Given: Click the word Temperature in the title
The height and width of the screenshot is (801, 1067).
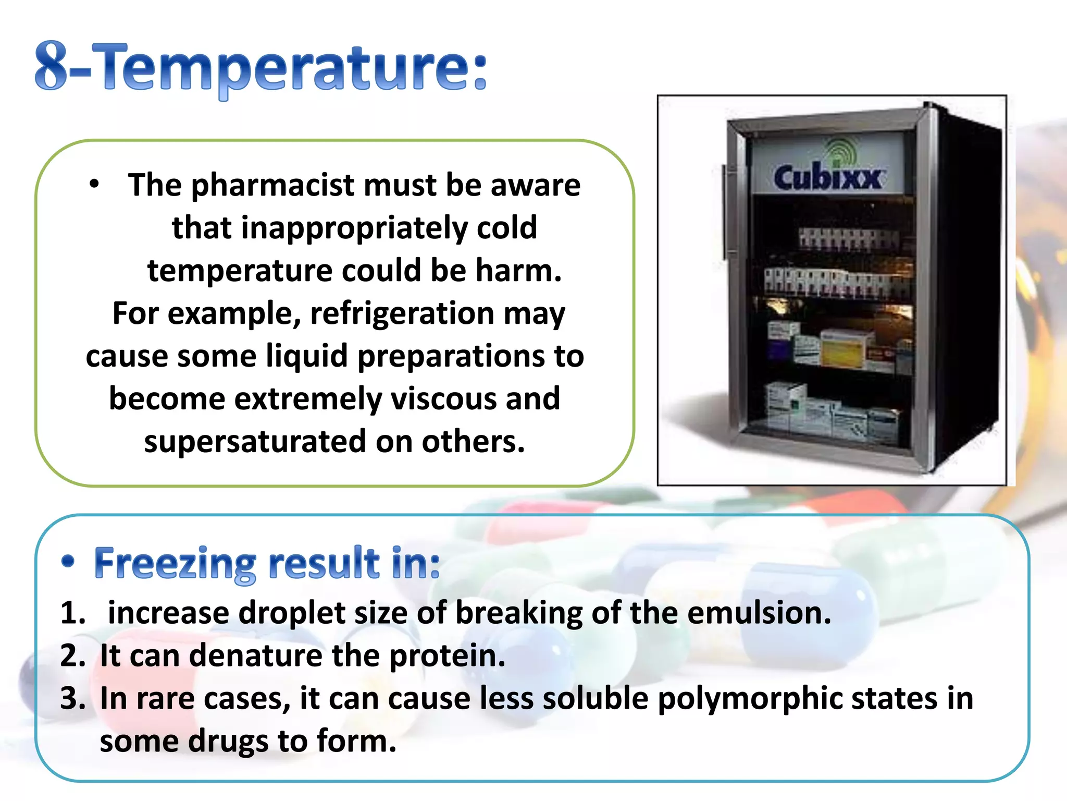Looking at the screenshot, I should pos(292,68).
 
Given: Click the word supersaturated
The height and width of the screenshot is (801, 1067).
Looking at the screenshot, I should pos(255,442).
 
